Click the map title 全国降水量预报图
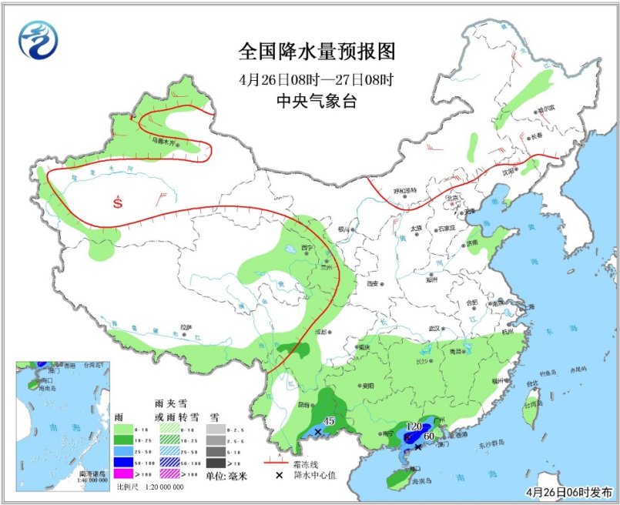pyautogui.click(x=317, y=52)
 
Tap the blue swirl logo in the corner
pyautogui.click(x=39, y=40)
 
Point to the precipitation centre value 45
pyautogui.click(x=328, y=421)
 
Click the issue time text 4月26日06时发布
pyautogui.click(x=569, y=491)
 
